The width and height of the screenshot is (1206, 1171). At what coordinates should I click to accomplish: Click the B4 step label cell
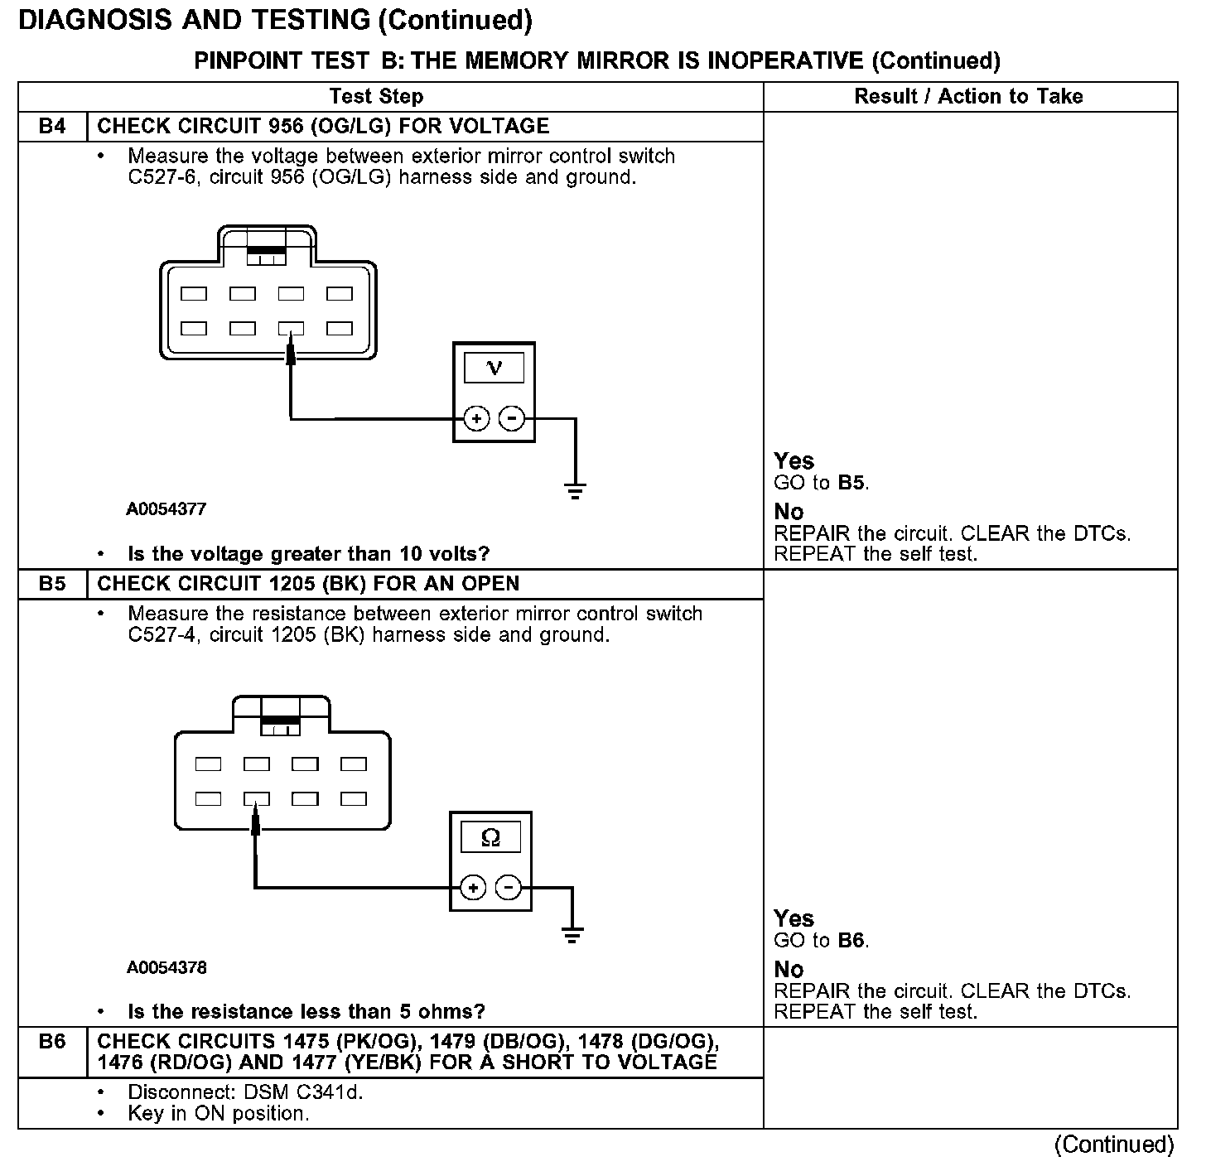tap(52, 127)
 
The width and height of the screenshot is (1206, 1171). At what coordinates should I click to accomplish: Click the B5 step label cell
tap(52, 584)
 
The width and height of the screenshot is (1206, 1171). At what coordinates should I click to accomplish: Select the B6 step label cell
tap(52, 1042)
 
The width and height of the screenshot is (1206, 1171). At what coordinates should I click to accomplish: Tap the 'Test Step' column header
tap(376, 96)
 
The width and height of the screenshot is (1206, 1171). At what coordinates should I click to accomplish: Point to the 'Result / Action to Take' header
tap(968, 96)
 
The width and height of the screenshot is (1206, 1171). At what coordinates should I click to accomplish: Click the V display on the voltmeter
tap(494, 368)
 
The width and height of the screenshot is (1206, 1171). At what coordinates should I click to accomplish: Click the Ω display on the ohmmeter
tap(490, 838)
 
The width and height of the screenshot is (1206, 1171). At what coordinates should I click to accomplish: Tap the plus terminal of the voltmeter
tap(476, 419)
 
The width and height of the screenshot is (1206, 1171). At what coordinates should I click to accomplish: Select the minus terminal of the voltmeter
tap(513, 419)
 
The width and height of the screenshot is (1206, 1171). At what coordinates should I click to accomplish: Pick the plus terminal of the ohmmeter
tap(473, 889)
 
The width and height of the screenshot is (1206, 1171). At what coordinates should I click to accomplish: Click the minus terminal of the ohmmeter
tap(508, 889)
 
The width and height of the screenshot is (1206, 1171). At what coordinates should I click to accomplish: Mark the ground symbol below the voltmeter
tap(576, 489)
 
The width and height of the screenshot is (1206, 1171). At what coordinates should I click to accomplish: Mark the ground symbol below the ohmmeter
tap(572, 936)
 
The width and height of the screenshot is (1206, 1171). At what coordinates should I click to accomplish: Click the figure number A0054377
tap(166, 509)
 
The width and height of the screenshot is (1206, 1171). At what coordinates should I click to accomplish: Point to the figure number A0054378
tap(166, 967)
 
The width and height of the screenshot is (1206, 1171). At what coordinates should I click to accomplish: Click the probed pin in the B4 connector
tap(291, 329)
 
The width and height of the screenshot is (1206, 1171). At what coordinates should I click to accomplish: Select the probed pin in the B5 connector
tap(257, 799)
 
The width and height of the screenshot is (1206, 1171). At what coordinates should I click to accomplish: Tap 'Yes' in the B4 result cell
tap(794, 460)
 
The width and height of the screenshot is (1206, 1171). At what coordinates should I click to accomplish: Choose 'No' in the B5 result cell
tap(789, 969)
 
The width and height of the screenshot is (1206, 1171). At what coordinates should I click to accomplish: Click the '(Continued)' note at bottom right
tap(1113, 1144)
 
